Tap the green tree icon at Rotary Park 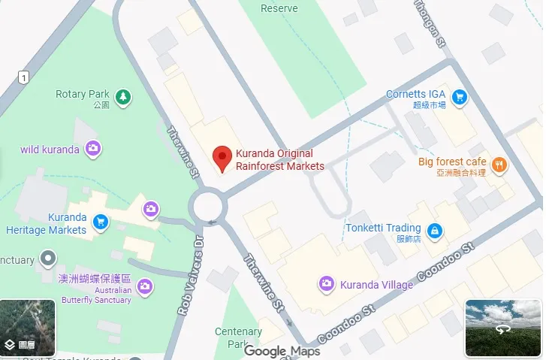122,95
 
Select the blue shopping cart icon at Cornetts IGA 459,95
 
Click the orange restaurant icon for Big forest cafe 498,163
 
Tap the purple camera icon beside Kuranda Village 327,283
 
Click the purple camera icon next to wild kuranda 93,148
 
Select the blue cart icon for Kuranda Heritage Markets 100,221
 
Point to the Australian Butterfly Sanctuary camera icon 145,286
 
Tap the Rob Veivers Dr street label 190,274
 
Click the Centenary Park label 238,337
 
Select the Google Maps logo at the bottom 282,351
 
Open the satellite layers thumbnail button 28,328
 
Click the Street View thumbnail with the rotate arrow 502,328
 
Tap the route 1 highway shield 24,77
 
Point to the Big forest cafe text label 452,162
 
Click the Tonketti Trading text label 383,228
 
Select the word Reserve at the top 279,8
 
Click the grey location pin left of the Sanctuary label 48,259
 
